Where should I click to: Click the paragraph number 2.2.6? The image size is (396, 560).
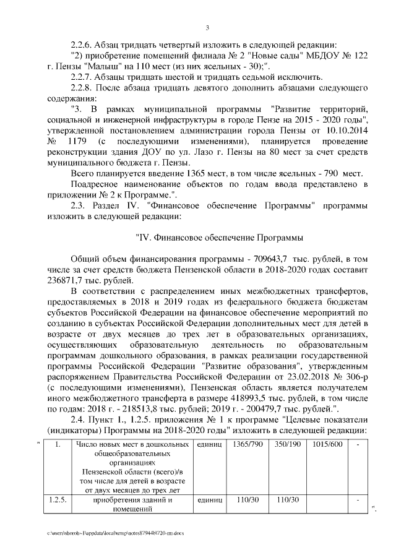tap(82, 44)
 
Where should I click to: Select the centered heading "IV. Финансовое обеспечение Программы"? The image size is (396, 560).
tap(219, 237)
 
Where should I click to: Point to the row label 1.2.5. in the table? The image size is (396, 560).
tap(57, 500)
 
